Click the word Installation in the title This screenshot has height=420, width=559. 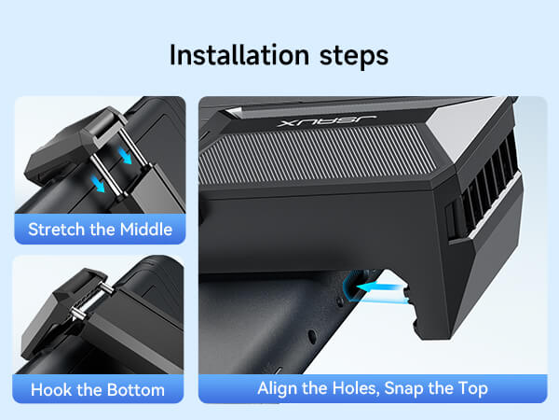tap(239, 55)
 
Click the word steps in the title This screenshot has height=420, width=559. tap(354, 57)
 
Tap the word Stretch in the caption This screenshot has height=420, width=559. tap(57, 230)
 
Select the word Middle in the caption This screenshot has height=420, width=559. tap(146, 230)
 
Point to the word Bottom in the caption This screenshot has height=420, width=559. tap(135, 389)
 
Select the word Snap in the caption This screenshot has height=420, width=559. tap(404, 389)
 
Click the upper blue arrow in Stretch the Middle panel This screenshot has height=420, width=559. tap(125, 156)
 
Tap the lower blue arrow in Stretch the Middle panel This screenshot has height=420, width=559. tap(98, 184)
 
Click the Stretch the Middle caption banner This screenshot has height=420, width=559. tap(100, 229)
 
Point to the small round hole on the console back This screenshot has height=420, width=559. tap(312, 336)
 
